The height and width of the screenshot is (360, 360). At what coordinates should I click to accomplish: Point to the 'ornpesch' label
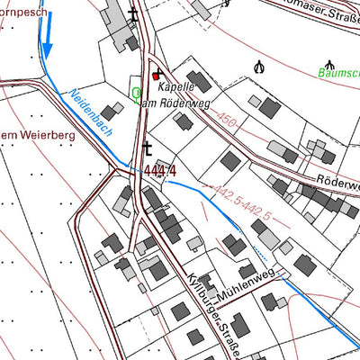tap(23, 12)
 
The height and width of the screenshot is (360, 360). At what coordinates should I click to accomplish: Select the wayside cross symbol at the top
tap(134, 14)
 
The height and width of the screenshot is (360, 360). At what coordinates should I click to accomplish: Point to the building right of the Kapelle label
tap(200, 83)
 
